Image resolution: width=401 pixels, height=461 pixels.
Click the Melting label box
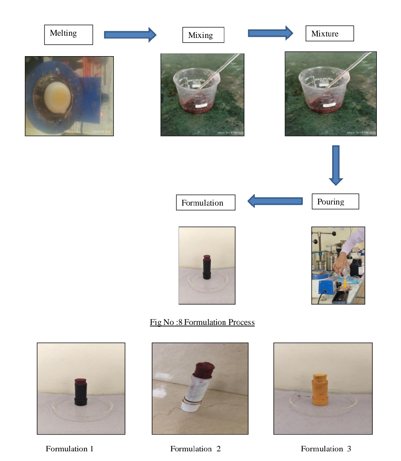point(68,35)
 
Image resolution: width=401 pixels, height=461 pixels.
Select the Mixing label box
point(203,35)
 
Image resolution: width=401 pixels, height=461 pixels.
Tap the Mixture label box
point(329,33)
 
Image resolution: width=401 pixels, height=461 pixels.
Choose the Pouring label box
point(335,202)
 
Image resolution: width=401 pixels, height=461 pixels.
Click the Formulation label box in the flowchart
point(205,203)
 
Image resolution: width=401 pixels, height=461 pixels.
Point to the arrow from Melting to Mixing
point(130,35)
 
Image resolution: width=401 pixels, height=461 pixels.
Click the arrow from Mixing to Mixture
point(270,33)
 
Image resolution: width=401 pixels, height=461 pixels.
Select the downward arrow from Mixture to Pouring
point(336,165)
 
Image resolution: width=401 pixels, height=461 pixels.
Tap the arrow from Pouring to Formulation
point(275,201)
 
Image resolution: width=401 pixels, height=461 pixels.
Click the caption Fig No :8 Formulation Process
point(202,322)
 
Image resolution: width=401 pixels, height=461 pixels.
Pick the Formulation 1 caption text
point(70,449)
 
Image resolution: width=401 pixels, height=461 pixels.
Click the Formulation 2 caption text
point(195,449)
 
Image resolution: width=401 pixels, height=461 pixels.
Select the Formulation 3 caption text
point(326,449)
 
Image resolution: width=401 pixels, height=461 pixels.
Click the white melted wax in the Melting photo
point(58,96)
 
